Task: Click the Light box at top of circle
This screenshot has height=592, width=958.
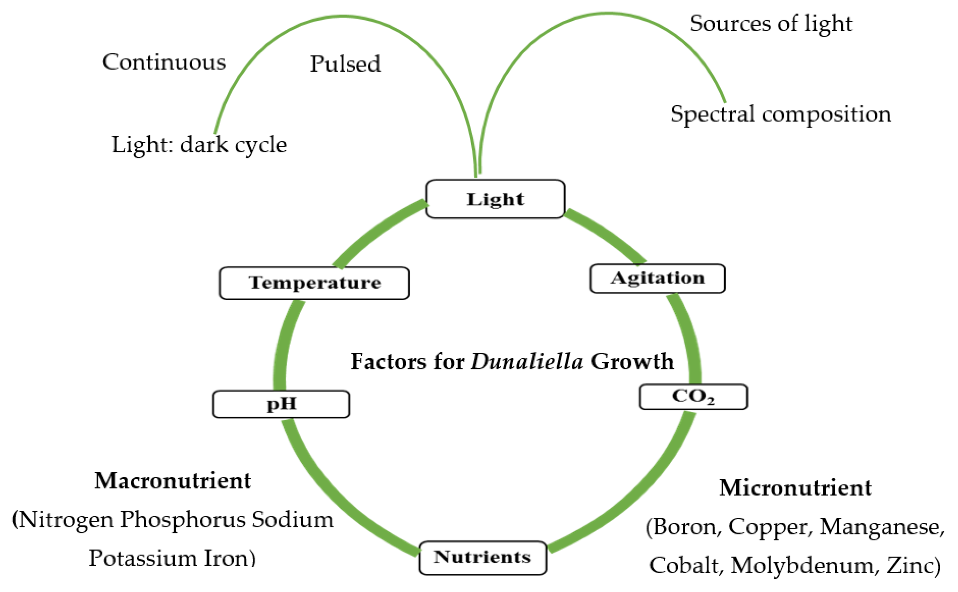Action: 495,199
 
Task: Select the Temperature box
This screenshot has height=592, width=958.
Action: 314,283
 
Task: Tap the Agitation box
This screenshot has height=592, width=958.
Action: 657,278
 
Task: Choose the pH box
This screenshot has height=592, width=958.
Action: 281,404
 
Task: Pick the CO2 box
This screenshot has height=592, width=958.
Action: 693,397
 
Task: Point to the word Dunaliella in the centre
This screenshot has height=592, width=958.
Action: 527,361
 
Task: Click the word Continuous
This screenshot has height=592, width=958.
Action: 164,62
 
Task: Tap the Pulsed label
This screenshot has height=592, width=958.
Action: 345,64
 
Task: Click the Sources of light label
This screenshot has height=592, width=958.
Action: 771,24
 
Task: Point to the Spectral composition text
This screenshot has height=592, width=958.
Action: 781,114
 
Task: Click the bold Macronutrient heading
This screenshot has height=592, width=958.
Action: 173,481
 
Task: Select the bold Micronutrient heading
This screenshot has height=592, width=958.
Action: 795,488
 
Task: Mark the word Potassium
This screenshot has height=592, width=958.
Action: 142,558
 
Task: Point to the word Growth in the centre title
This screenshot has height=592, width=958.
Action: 632,361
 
